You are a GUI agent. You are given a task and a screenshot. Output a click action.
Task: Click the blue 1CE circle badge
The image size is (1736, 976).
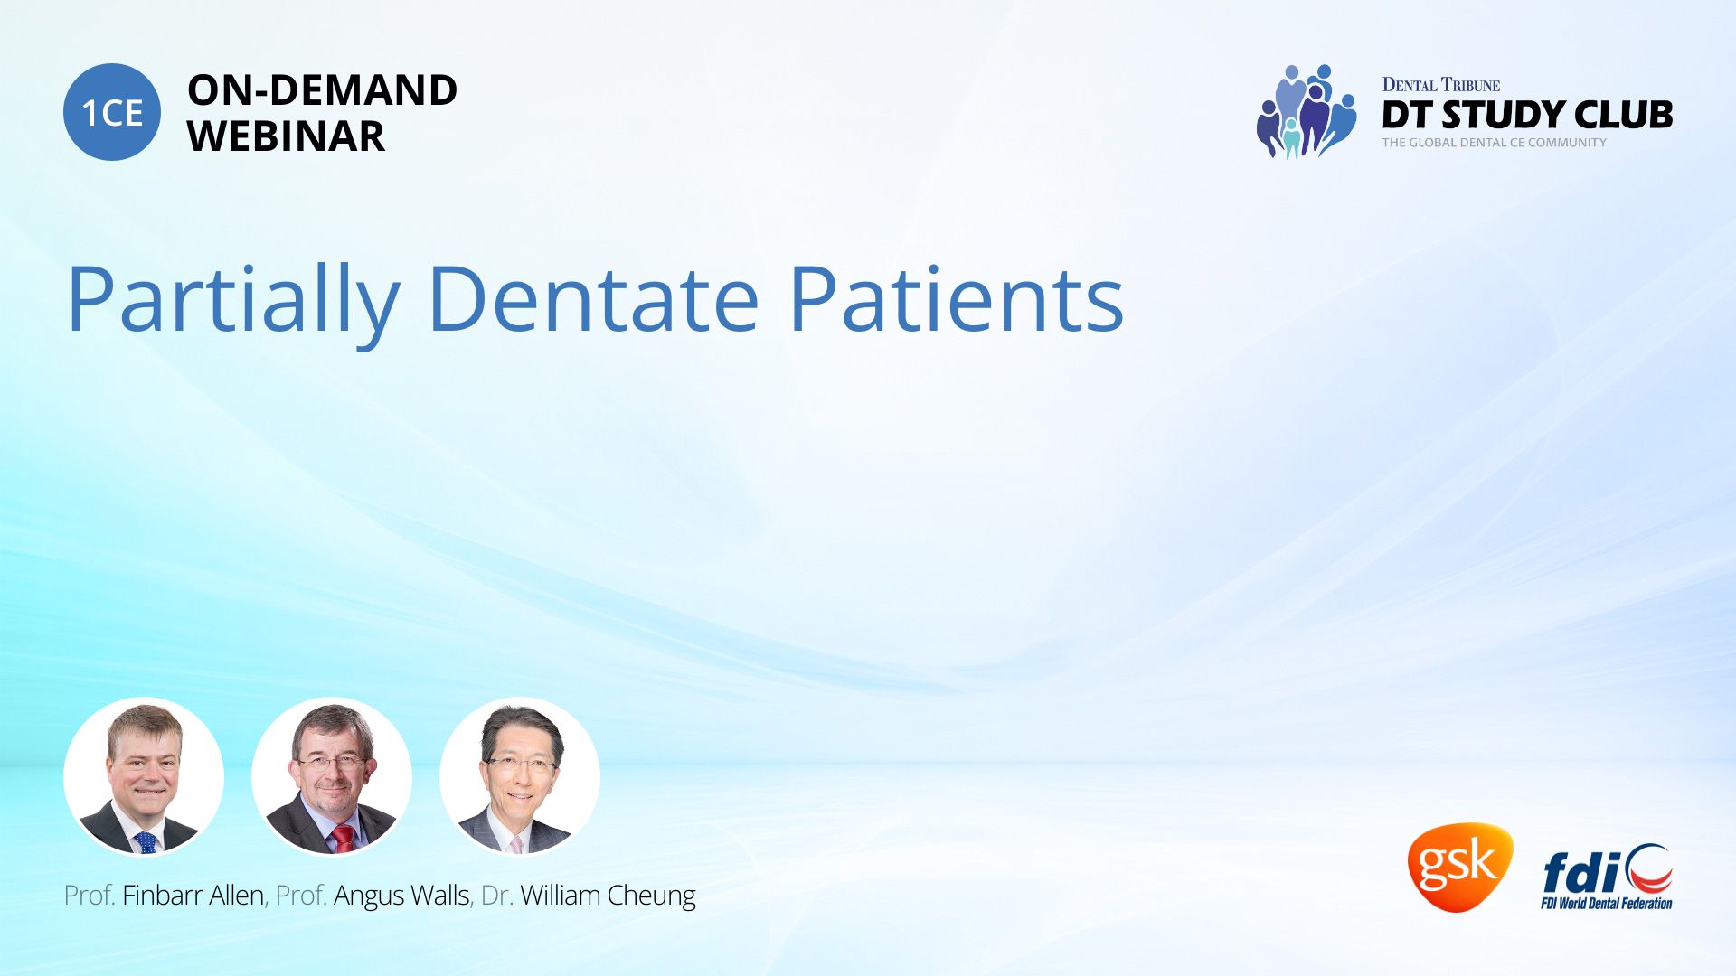pos(112,112)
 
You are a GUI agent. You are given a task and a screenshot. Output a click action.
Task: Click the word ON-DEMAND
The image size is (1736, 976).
pos(322,90)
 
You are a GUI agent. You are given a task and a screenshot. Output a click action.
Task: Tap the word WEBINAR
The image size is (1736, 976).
pos(286,136)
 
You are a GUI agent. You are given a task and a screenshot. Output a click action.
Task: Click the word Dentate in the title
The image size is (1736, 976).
pos(592,298)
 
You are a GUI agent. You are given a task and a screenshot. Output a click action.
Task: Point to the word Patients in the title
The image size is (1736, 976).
pos(957,298)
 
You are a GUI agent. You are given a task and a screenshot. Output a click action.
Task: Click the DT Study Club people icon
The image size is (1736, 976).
pos(1307,111)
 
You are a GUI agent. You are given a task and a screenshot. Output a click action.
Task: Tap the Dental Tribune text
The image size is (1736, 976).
pos(1441,85)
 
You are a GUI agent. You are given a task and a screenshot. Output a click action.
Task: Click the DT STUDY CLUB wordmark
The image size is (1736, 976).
pos(1527,115)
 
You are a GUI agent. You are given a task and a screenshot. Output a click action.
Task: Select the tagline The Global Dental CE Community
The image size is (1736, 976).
pos(1495,143)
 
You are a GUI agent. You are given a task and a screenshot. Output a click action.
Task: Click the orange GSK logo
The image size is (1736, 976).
pos(1459,867)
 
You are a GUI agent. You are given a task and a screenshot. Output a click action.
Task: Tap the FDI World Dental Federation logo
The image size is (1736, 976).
pos(1607,877)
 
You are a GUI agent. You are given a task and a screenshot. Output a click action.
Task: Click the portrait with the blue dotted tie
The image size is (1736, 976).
pos(144,776)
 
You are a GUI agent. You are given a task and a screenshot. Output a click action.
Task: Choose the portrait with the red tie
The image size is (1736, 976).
pos(332,776)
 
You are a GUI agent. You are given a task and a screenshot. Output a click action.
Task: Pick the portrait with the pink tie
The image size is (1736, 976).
pos(520,776)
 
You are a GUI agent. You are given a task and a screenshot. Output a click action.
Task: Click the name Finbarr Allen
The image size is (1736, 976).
pos(193,896)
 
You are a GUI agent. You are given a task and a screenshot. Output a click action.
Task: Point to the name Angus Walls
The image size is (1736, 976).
pos(401,896)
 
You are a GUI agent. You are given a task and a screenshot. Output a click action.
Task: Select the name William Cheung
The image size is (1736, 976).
pos(608,896)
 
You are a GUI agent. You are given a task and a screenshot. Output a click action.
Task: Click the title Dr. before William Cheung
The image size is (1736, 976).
pos(497,896)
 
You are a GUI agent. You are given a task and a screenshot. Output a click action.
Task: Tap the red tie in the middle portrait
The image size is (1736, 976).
pos(344,839)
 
